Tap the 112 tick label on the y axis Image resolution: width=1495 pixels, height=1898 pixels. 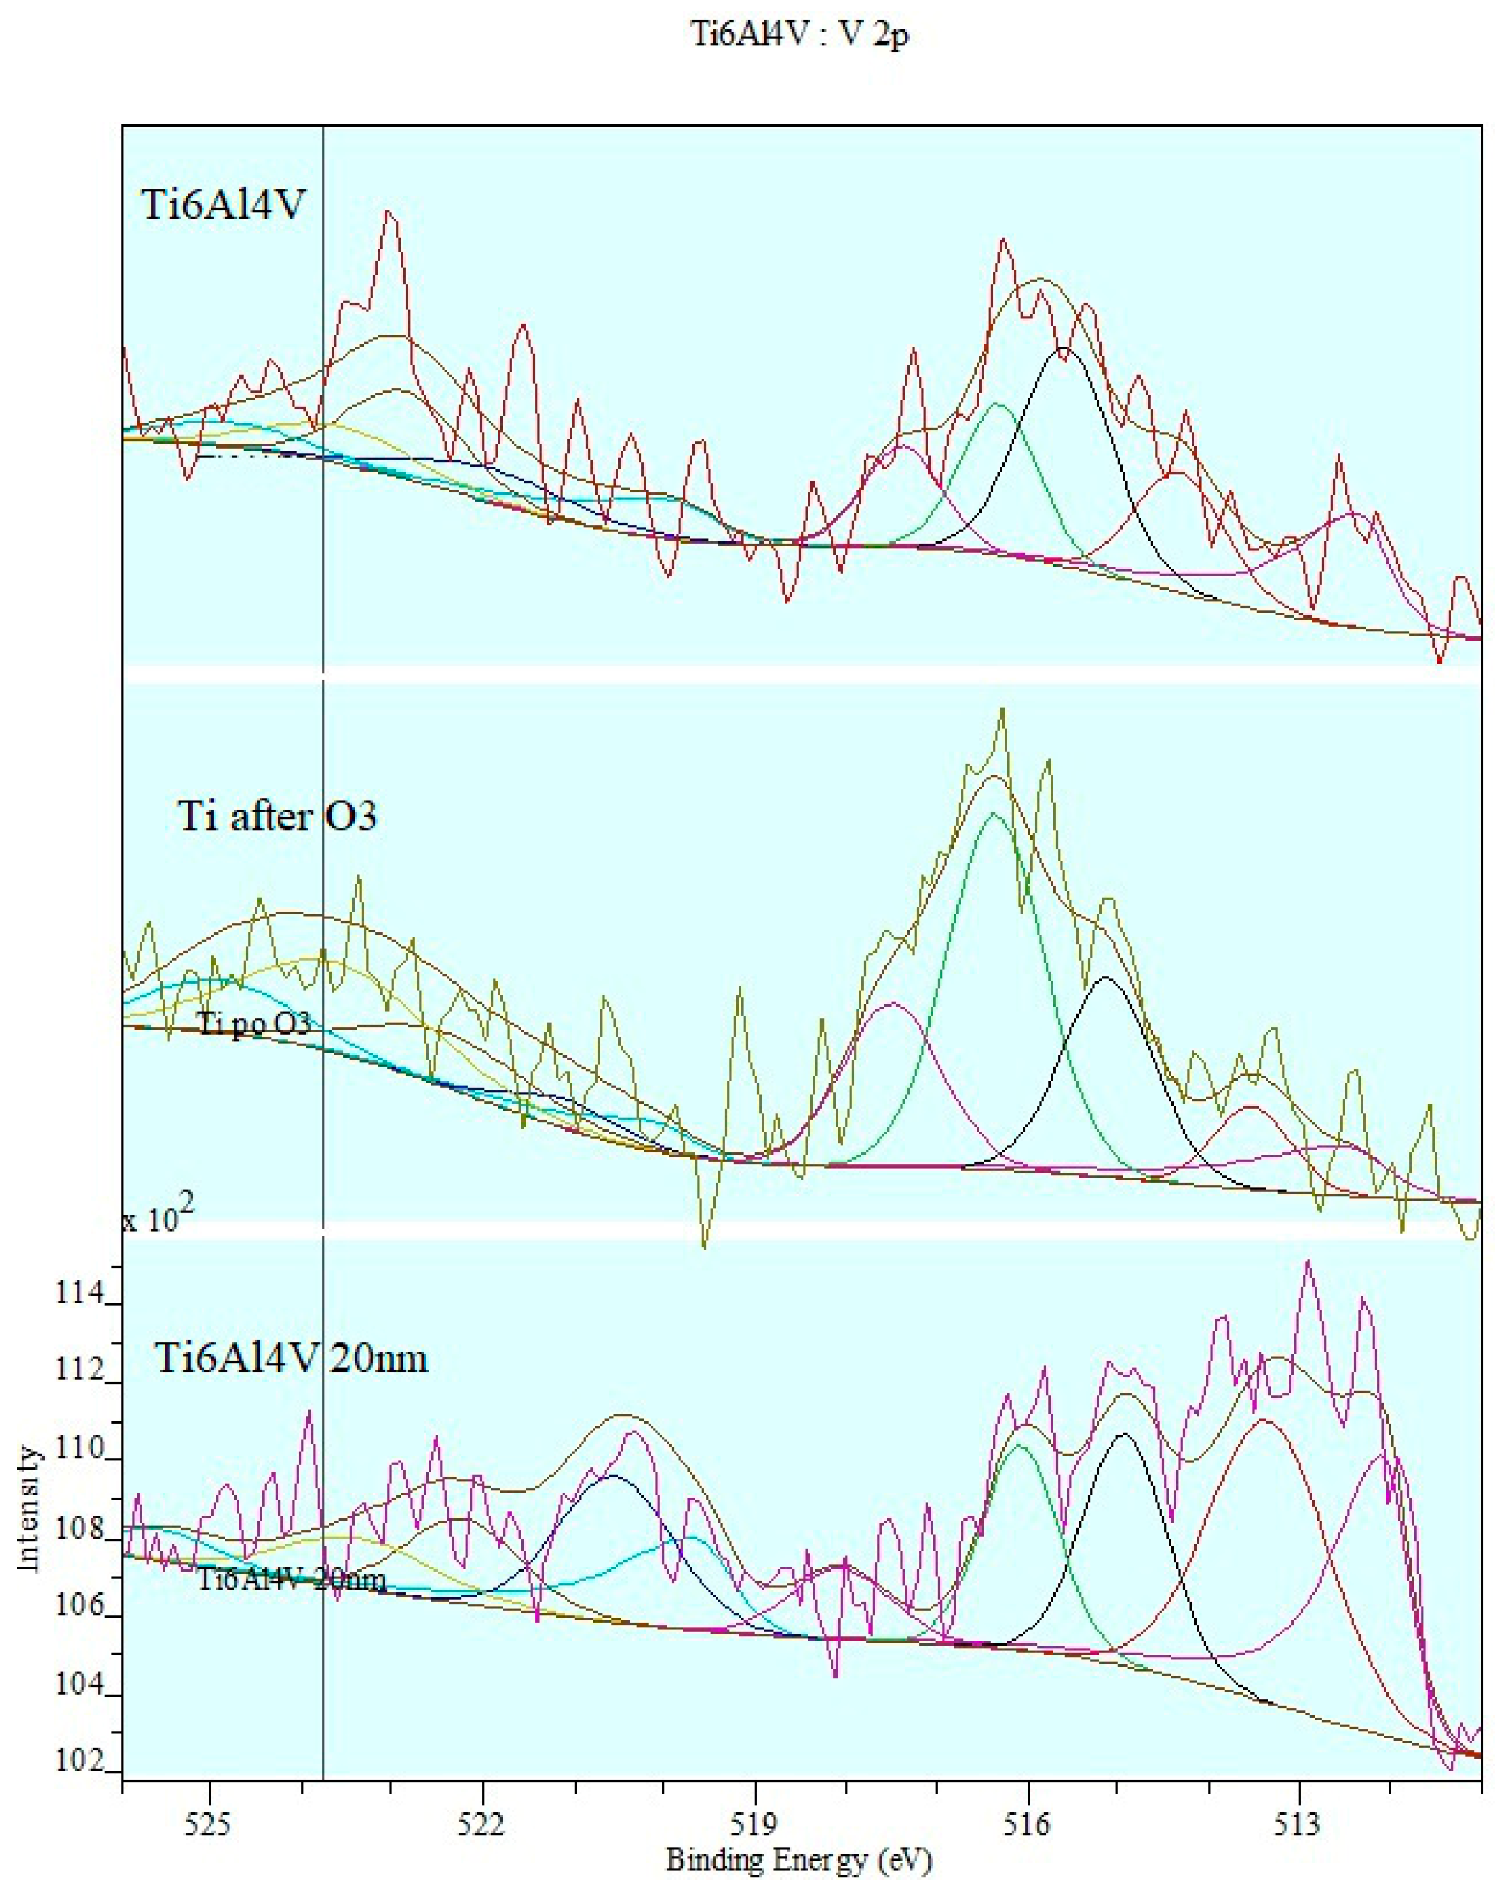point(79,1370)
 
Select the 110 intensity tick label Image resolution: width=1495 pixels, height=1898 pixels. point(79,1450)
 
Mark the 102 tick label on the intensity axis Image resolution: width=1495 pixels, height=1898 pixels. point(79,1761)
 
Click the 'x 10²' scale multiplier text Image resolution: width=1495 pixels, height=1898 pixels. point(157,1218)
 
